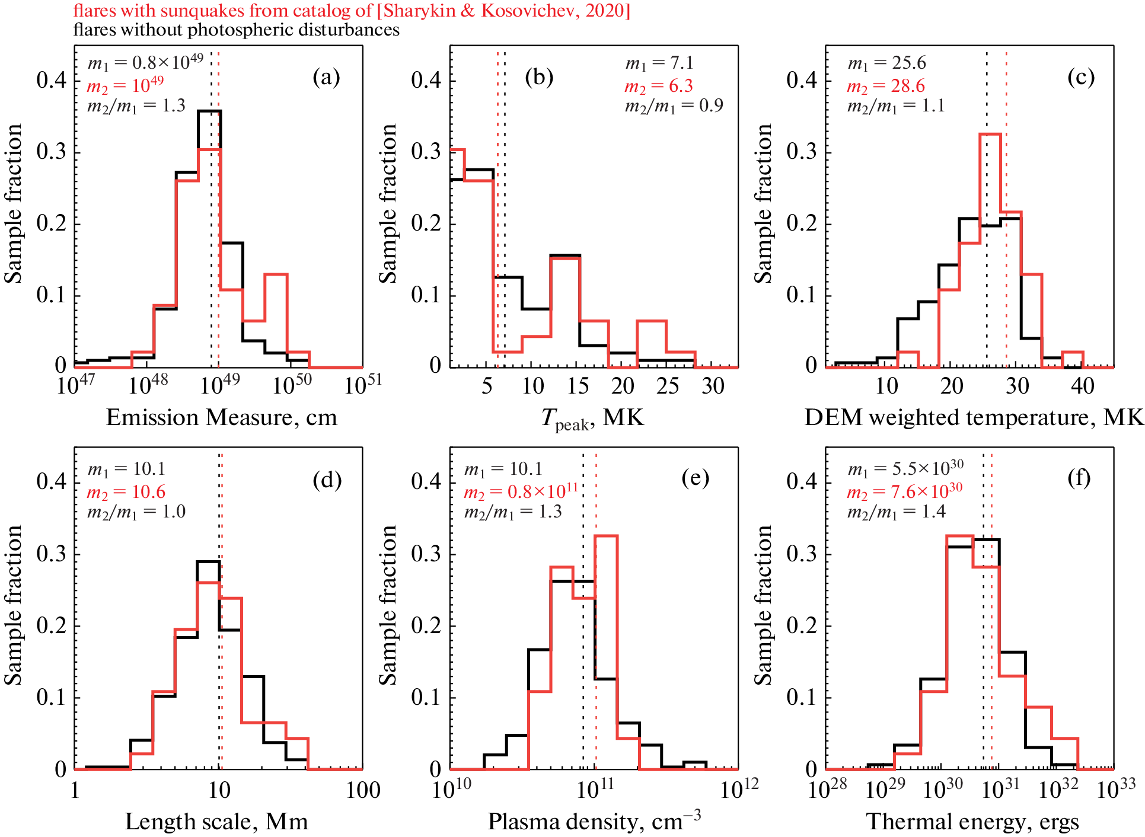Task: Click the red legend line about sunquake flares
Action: click(351, 10)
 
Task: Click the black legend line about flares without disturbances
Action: click(236, 30)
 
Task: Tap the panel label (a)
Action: click(326, 77)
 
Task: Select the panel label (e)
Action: click(695, 477)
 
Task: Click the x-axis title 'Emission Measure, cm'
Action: click(221, 417)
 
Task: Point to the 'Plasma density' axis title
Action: click(594, 821)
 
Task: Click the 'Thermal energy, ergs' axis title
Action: click(972, 822)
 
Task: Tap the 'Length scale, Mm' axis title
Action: click(216, 822)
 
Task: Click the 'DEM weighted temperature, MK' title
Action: click(973, 417)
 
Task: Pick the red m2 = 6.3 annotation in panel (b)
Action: click(658, 86)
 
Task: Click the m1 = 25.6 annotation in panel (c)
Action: click(886, 63)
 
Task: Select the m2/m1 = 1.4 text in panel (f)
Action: click(896, 512)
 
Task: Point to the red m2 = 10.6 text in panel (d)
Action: click(126, 492)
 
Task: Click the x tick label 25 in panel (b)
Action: click(668, 386)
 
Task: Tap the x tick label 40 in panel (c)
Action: click(1082, 386)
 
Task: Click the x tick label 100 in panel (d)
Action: click(363, 790)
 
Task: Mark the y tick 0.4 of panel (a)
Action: click(52, 80)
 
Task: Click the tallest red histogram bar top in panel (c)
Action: click(990, 134)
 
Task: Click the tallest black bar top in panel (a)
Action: click(209, 111)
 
